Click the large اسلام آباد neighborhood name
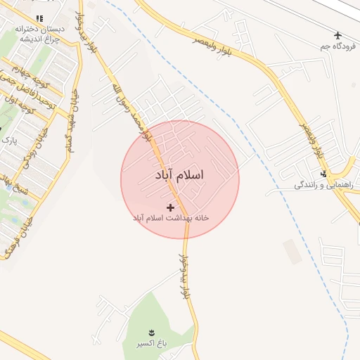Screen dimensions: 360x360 179,175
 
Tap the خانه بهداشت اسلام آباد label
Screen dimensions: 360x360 171,218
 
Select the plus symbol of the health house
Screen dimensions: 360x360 170,207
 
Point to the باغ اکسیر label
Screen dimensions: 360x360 151,344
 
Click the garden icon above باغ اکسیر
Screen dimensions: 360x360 150,332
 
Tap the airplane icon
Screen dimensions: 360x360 338,34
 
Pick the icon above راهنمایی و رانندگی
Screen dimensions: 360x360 323,174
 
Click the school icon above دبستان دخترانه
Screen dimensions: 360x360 39,18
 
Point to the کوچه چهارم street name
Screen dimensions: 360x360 28,70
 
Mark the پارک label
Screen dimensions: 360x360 9,140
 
